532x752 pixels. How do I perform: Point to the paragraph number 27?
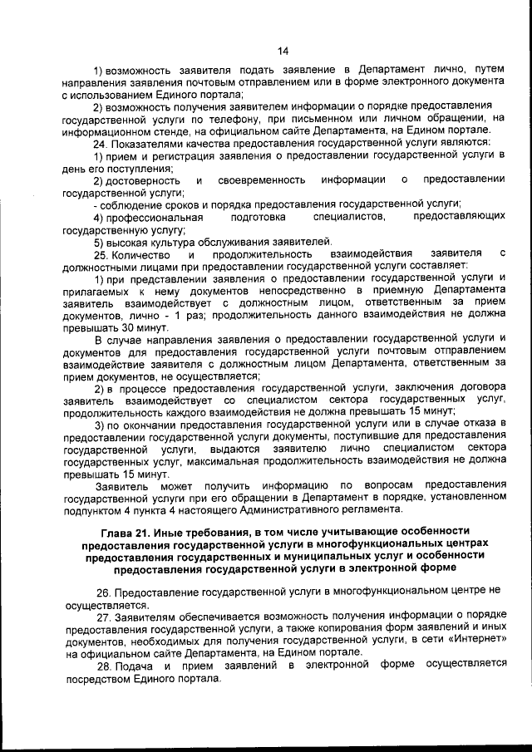tap(103, 618)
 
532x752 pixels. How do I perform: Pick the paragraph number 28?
tap(103, 665)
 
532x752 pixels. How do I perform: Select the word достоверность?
tap(145, 179)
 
